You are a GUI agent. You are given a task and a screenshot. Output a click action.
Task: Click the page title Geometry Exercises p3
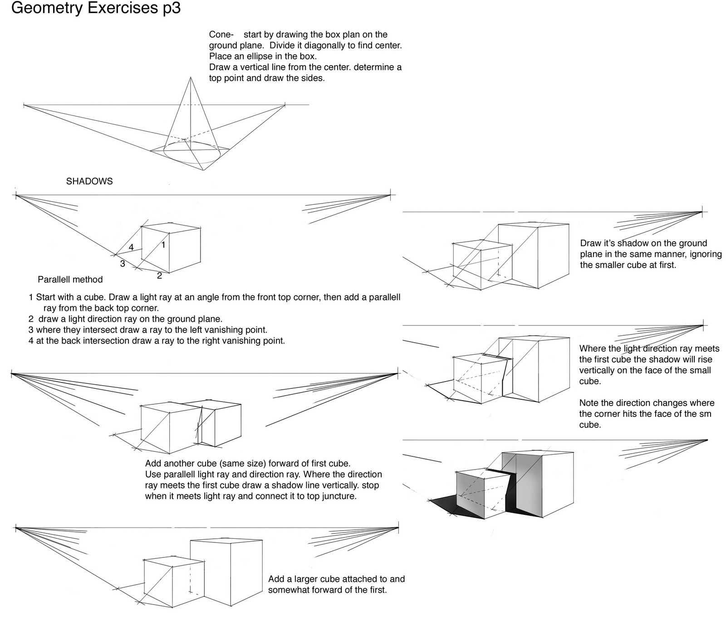click(95, 8)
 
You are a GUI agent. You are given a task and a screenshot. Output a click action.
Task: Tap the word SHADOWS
click(89, 181)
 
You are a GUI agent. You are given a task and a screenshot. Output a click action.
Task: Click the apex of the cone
click(190, 77)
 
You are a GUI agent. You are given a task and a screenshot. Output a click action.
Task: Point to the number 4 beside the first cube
click(131, 247)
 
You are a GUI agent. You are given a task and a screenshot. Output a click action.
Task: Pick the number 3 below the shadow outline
click(123, 263)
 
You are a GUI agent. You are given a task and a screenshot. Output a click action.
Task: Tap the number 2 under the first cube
click(159, 275)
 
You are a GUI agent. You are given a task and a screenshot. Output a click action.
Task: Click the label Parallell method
click(70, 280)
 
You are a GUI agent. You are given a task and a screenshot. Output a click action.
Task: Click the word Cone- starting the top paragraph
click(221, 34)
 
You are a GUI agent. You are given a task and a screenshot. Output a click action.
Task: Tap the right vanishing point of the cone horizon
click(285, 105)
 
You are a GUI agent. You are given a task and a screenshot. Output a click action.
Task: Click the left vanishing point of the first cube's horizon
click(16, 195)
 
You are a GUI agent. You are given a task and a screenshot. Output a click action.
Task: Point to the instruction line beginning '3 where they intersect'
click(147, 329)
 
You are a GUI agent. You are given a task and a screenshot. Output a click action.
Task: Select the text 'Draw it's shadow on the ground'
click(643, 243)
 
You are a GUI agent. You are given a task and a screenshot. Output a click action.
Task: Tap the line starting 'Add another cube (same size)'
click(247, 464)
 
